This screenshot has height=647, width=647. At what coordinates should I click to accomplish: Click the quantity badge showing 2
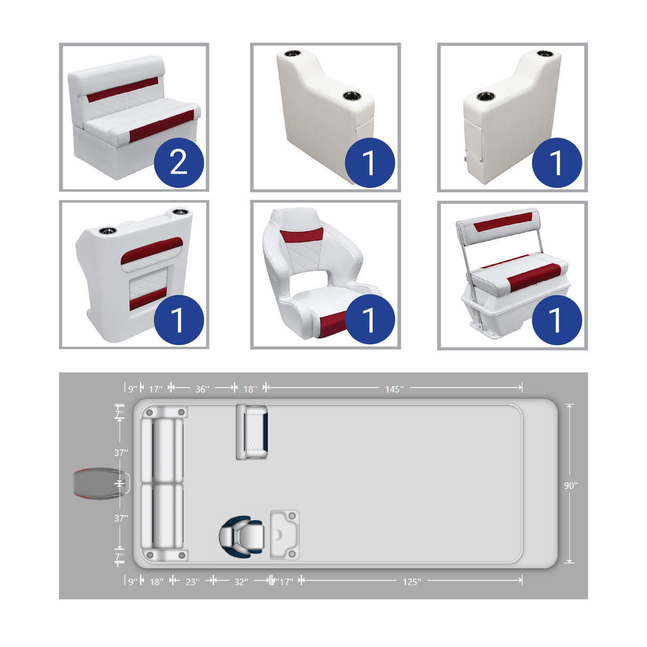coord(179,163)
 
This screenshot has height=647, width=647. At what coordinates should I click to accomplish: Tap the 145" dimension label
coord(394,389)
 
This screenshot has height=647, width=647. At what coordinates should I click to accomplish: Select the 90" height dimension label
coord(570,486)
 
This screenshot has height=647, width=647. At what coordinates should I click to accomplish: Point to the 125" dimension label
coord(411,582)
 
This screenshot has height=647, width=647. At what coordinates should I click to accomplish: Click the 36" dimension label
coord(202,389)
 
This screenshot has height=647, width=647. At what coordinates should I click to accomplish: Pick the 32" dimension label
coord(241,582)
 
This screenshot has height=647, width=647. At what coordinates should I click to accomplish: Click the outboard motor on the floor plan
coord(99,483)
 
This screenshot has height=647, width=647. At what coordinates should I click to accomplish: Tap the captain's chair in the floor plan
coord(241,536)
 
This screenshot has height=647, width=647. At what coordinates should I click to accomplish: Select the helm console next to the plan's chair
coord(284,535)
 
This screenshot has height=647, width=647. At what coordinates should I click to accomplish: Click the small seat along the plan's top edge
coord(252,432)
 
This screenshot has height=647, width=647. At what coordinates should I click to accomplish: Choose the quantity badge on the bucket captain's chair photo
coord(369,319)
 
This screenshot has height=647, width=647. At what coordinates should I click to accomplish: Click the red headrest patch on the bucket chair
coord(302,234)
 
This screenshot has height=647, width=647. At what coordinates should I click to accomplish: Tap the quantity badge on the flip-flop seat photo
coord(556,320)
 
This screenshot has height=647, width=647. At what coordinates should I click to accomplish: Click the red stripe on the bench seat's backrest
coord(123,90)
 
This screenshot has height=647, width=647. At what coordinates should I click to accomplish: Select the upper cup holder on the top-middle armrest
coord(293,54)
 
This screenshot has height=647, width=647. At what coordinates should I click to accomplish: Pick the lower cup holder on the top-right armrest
coord(486,97)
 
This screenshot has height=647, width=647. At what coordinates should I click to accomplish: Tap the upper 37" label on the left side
coord(121,453)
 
